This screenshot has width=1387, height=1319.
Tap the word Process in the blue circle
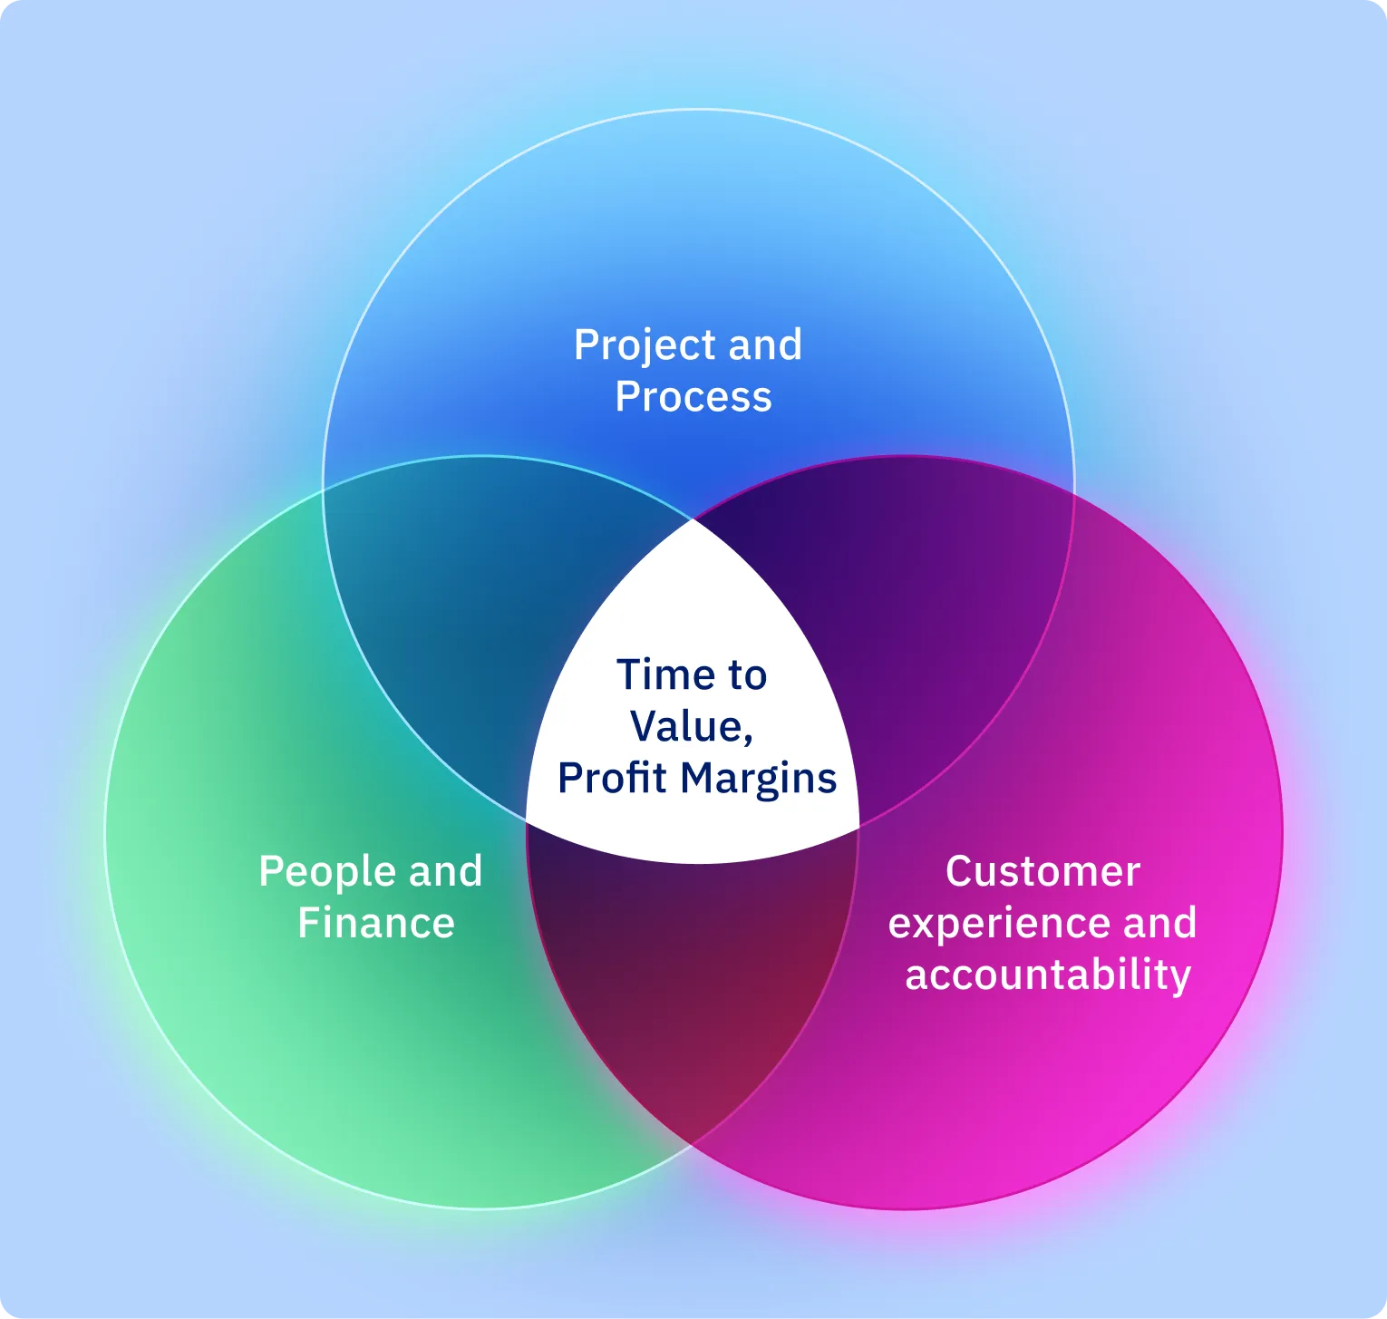click(693, 397)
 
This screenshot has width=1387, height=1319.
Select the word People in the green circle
click(326, 873)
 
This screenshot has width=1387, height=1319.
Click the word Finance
click(376, 924)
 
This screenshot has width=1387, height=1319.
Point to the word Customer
click(1043, 872)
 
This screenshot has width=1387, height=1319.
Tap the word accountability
click(1048, 975)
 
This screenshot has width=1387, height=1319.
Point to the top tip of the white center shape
click(693, 521)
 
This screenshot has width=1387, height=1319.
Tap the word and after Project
click(765, 345)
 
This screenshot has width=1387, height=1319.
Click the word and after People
click(445, 872)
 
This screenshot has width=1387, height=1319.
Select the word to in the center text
click(745, 675)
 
